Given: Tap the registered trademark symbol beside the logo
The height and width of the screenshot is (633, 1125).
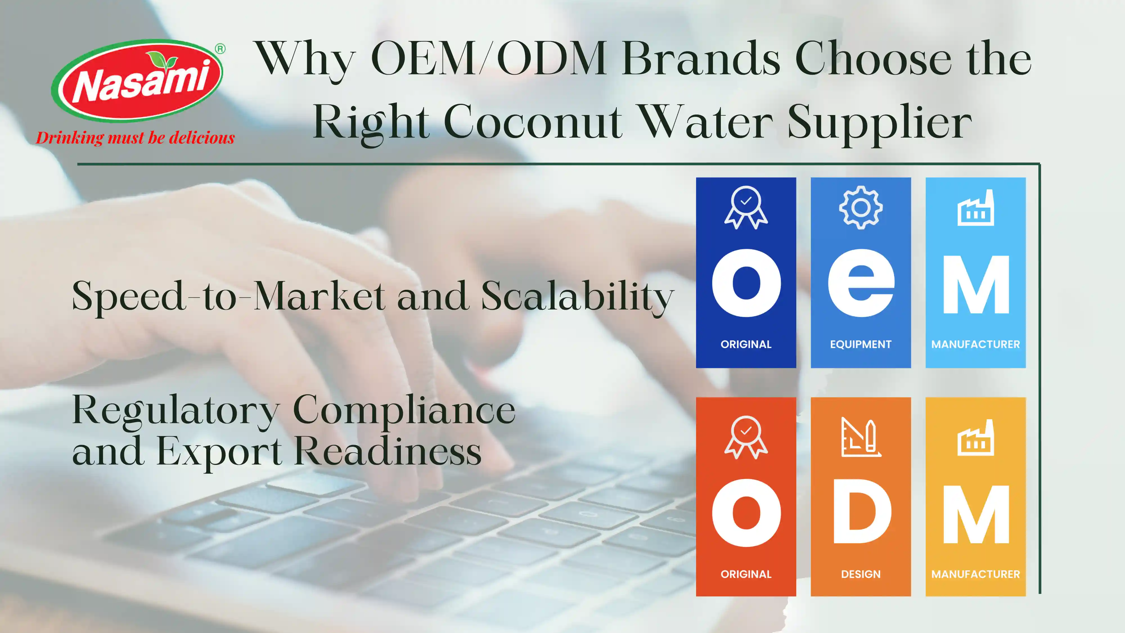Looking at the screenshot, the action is (x=220, y=49).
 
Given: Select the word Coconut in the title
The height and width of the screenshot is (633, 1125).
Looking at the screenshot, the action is (x=533, y=122).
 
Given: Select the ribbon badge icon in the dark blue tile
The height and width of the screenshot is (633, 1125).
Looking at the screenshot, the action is (x=746, y=208).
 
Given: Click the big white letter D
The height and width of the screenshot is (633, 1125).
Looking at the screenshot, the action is (x=862, y=511).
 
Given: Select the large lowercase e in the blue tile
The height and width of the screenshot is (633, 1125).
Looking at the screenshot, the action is (x=861, y=283).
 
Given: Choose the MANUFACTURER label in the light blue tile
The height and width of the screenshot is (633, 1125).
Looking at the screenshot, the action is (x=976, y=345).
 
